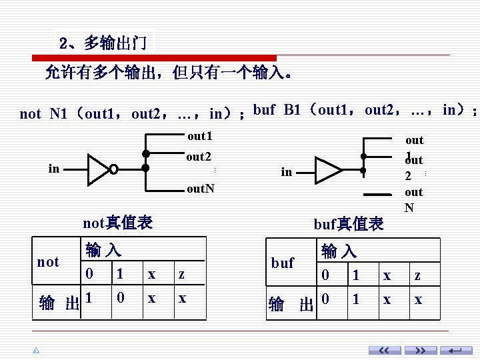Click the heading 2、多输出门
click(x=103, y=44)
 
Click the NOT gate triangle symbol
click(x=99, y=169)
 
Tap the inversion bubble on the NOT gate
click(x=114, y=169)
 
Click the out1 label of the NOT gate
click(x=199, y=136)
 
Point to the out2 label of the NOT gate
click(x=199, y=157)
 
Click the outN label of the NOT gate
click(x=201, y=189)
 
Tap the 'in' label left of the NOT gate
click(x=54, y=169)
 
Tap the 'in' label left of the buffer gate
click(x=287, y=172)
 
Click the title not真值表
click(x=117, y=223)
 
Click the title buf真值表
click(x=349, y=224)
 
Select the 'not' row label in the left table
click(x=48, y=262)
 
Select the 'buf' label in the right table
click(x=283, y=263)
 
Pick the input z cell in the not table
click(x=181, y=275)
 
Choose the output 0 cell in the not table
click(x=120, y=298)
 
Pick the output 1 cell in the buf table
click(x=356, y=299)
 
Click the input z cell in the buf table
click(x=417, y=275)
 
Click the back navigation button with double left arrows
click(x=385, y=351)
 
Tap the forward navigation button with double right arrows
click(x=421, y=351)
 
